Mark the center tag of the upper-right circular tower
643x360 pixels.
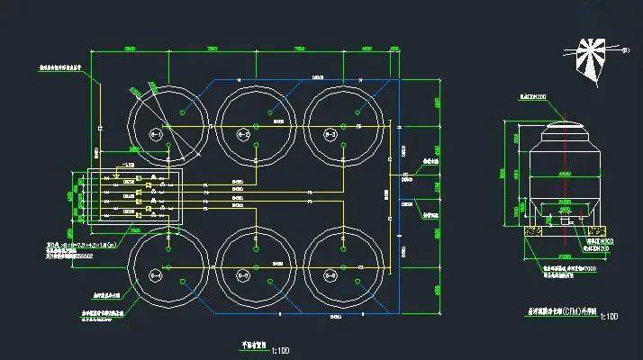331,135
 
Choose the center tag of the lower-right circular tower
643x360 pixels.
331,273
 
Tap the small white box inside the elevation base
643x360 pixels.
565,220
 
